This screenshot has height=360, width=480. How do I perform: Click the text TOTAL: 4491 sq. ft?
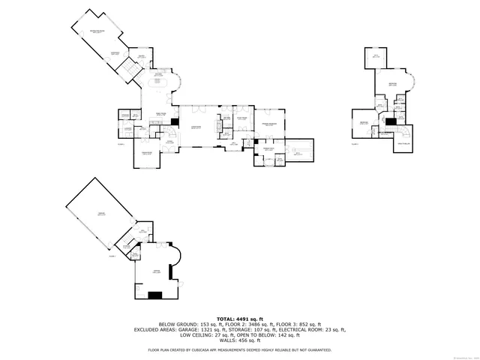pos(240,319)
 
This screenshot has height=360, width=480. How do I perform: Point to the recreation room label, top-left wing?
pos(97,31)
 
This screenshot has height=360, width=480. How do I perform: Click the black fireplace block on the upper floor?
pos(389,122)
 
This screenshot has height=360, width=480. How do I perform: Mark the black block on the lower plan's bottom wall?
pos(155,295)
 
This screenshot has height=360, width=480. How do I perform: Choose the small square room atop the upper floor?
pos(376,56)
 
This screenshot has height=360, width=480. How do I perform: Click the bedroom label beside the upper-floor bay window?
pos(391,84)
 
